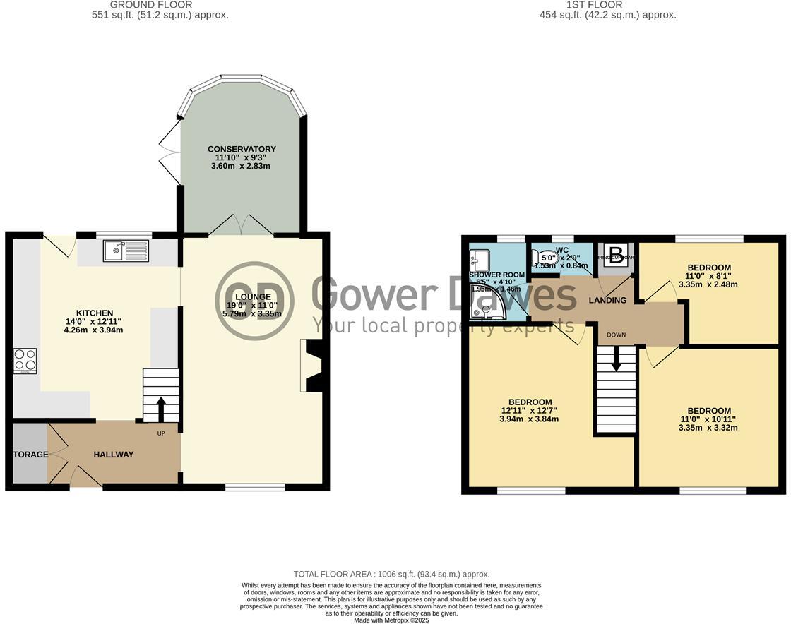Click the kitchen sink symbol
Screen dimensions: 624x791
(125, 250)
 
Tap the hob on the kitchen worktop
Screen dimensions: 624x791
(25, 361)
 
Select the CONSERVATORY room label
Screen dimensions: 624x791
(242, 149)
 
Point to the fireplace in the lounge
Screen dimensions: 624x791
(311, 365)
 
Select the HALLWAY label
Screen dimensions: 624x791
(114, 455)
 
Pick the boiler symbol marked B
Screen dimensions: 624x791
(614, 254)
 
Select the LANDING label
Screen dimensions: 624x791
(607, 300)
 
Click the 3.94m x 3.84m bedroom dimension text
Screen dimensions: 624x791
(529, 419)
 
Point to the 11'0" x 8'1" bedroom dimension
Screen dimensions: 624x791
(709, 276)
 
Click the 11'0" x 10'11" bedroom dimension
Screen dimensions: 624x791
(709, 419)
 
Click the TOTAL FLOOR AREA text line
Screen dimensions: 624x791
(391, 575)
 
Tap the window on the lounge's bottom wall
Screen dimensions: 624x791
(255, 486)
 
